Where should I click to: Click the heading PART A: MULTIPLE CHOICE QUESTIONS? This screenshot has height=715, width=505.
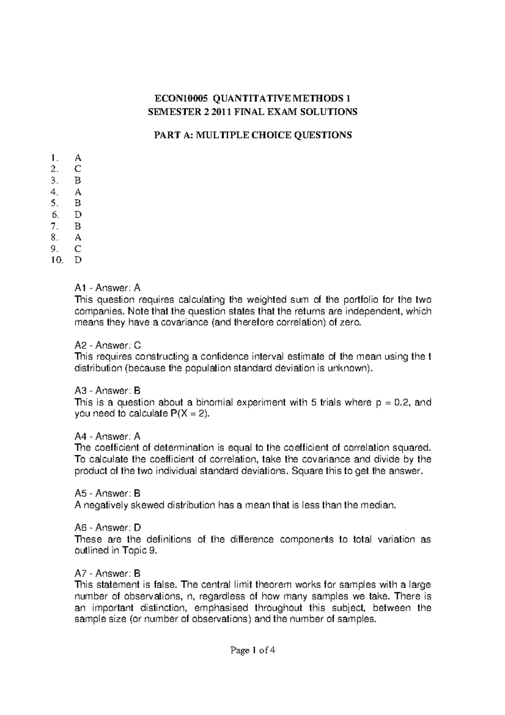[252, 135]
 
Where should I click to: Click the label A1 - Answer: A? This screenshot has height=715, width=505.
[107, 288]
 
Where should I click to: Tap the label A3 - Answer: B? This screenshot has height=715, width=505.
[107, 391]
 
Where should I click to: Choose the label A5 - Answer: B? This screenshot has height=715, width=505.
[107, 494]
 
